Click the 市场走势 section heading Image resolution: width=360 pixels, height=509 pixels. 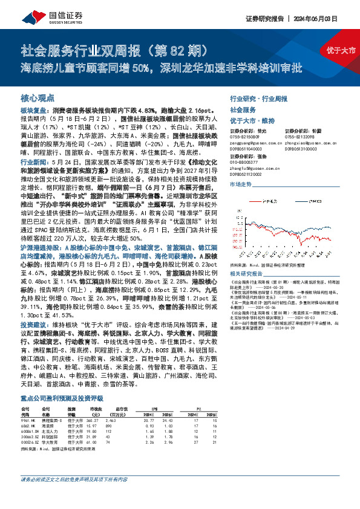pyautogui.click(x=241, y=183)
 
